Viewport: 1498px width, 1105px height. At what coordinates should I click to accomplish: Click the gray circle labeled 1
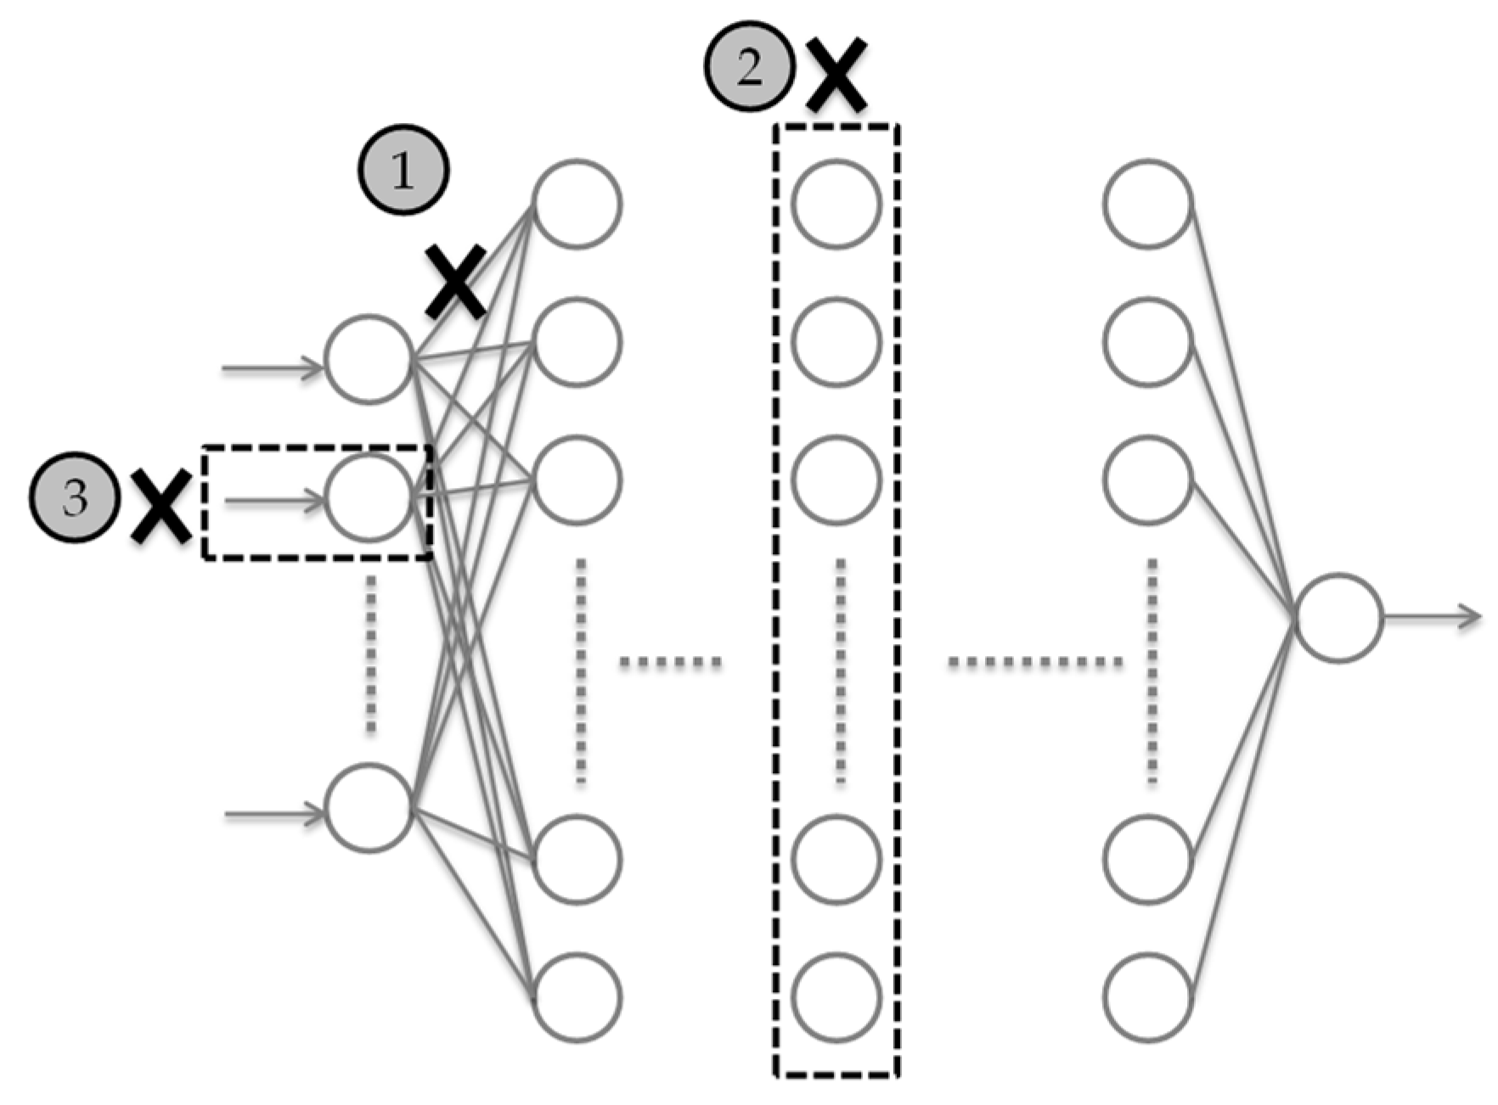click(x=403, y=171)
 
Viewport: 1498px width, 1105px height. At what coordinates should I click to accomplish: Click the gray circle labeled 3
click(x=75, y=497)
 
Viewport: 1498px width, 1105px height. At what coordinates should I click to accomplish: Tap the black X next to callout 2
click(x=836, y=75)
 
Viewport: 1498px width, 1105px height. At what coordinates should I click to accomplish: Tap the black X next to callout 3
click(x=161, y=508)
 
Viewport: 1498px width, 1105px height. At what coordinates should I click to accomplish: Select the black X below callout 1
click(x=456, y=282)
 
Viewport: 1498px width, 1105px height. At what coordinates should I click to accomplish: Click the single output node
click(x=1339, y=618)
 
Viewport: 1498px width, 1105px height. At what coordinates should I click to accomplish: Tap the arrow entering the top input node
click(x=272, y=367)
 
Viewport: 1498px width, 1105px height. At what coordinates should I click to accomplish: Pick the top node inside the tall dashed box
click(x=836, y=204)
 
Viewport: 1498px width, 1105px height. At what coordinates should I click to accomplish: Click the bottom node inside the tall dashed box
click(x=836, y=997)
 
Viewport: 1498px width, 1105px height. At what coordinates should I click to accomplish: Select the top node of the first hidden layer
click(x=577, y=204)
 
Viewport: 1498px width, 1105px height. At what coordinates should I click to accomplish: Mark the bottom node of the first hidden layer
click(x=577, y=997)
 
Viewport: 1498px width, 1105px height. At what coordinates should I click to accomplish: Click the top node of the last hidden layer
click(x=1148, y=204)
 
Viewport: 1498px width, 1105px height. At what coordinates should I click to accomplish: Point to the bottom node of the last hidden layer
click(x=1148, y=997)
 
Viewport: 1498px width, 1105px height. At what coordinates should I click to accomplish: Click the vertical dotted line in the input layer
click(x=370, y=653)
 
